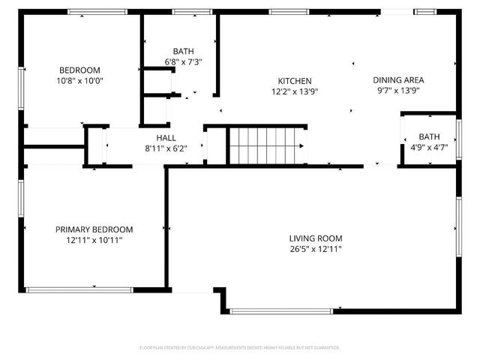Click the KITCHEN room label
295,81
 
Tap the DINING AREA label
398,80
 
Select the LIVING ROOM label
316,238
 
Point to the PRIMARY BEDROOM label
94,229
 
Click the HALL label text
166,138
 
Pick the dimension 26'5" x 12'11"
316,249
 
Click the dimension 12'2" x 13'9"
295,91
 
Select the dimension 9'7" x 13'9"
398,90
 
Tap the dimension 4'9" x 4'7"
429,148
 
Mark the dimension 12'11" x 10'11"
94,240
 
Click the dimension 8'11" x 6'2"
166,148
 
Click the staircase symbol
268,145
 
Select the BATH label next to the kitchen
183,51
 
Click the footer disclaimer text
240,347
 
